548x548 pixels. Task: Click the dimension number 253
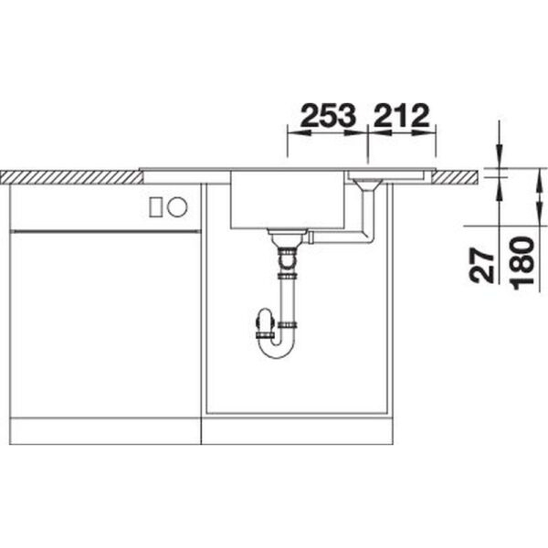[328, 115]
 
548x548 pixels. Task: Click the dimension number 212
[401, 115]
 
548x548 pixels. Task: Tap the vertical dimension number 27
[481, 265]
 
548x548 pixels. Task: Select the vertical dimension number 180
[522, 264]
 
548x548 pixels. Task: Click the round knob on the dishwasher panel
[177, 206]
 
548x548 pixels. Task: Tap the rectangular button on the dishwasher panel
[155, 207]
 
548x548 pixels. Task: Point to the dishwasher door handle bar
[106, 231]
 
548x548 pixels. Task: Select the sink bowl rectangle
[288, 199]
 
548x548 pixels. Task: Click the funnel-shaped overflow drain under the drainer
[367, 184]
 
